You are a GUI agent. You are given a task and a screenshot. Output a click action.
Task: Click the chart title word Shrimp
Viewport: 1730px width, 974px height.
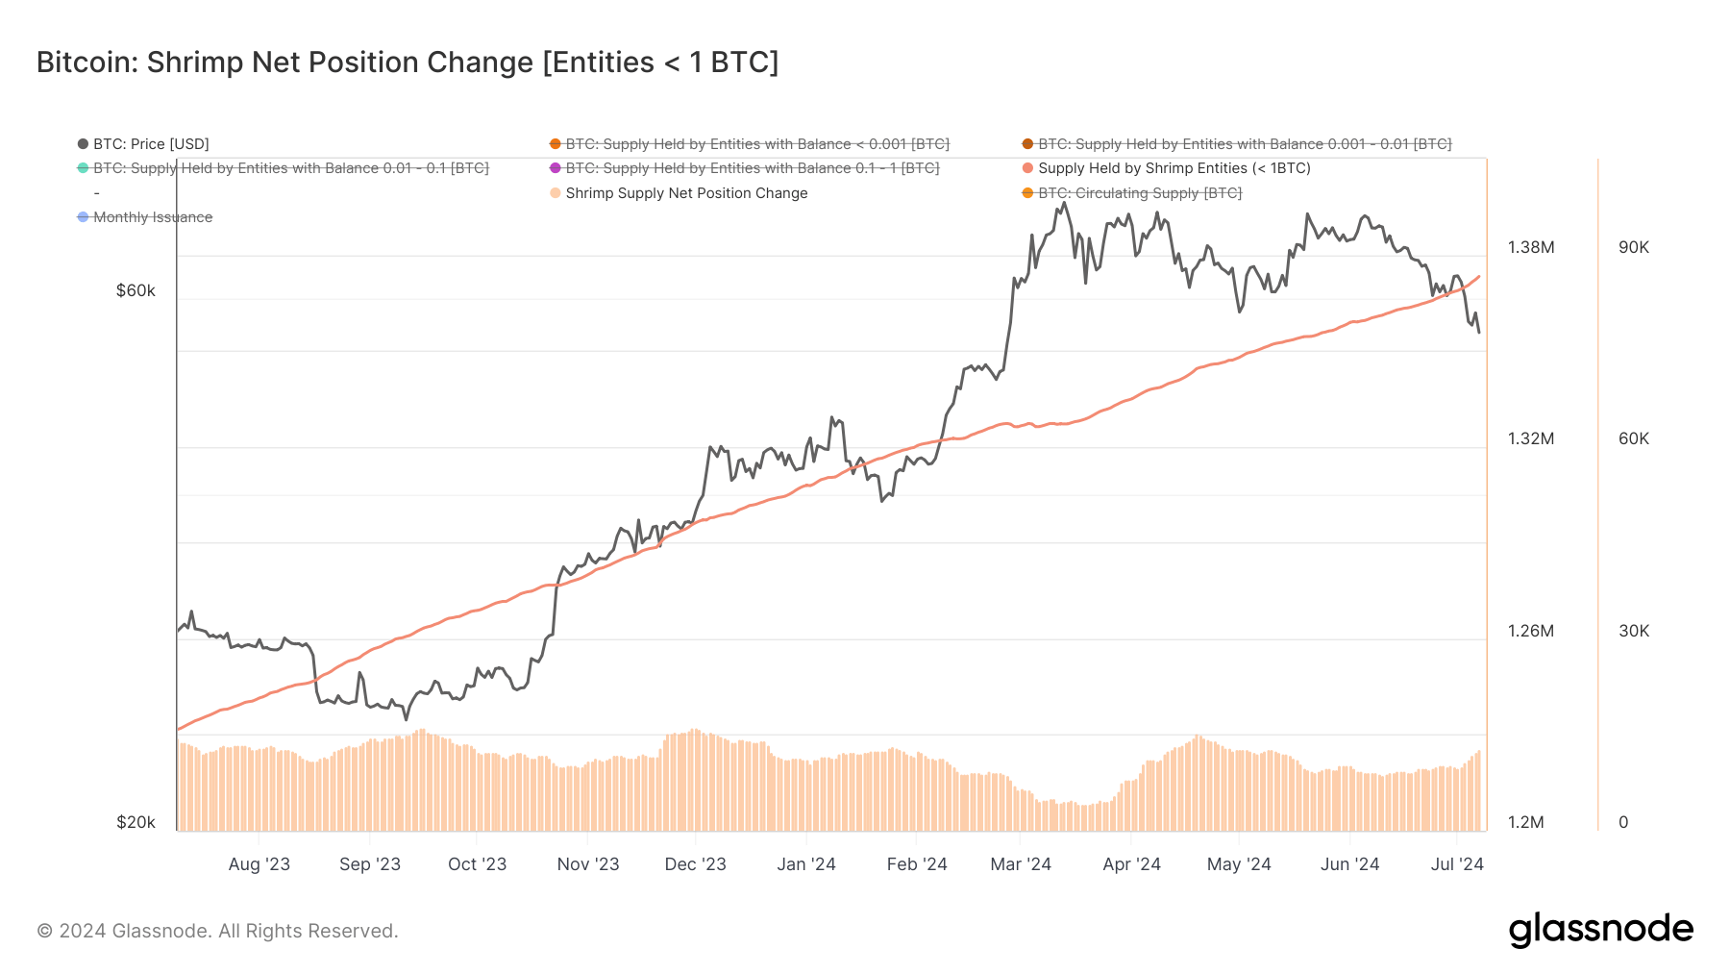pyautogui.click(x=194, y=62)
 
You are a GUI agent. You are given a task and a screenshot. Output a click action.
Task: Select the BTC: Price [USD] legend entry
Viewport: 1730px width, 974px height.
pyautogui.click(x=150, y=144)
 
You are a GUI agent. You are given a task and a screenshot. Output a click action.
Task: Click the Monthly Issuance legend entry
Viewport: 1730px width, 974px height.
pyautogui.click(x=152, y=217)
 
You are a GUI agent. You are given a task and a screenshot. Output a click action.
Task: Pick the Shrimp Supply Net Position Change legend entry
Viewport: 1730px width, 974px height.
pyautogui.click(x=685, y=193)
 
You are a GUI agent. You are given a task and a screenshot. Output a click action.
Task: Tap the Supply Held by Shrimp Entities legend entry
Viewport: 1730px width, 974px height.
pyautogui.click(x=1174, y=168)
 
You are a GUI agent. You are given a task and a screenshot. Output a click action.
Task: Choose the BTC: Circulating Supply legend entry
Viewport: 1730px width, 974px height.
pyautogui.click(x=1139, y=193)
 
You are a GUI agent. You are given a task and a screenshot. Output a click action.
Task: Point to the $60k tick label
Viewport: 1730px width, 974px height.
pyautogui.click(x=136, y=291)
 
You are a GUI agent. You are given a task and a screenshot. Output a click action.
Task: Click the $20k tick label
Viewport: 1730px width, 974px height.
pyautogui.click(x=136, y=822)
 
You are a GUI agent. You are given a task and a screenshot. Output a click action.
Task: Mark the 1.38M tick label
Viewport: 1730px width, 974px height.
pyautogui.click(x=1530, y=247)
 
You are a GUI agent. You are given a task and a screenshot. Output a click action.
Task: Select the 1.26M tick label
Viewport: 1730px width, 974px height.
pyautogui.click(x=1530, y=631)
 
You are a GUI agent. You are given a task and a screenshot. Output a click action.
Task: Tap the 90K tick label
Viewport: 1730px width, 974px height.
pyautogui.click(x=1633, y=247)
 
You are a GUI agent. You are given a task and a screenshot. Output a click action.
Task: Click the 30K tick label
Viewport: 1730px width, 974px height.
pyautogui.click(x=1633, y=631)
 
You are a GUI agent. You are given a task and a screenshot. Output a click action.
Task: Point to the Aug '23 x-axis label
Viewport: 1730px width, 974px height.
pyautogui.click(x=259, y=864)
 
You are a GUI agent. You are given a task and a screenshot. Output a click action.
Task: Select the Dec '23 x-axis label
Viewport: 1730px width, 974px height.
pyautogui.click(x=695, y=864)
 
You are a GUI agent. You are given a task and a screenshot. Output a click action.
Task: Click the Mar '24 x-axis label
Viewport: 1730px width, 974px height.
pyautogui.click(x=1020, y=864)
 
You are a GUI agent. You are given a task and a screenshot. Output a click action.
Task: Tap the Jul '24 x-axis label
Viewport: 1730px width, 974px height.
pyautogui.click(x=1456, y=864)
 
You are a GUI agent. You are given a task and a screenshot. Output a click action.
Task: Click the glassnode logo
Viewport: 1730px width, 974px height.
pyautogui.click(x=1600, y=930)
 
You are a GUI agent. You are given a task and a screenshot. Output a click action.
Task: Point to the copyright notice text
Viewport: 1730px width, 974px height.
pyautogui.click(x=217, y=931)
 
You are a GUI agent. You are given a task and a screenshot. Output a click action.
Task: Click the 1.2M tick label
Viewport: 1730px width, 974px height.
pyautogui.click(x=1525, y=822)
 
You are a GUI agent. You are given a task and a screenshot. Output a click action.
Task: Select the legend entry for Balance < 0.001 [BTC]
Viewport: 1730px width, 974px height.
pyautogui.click(x=756, y=144)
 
